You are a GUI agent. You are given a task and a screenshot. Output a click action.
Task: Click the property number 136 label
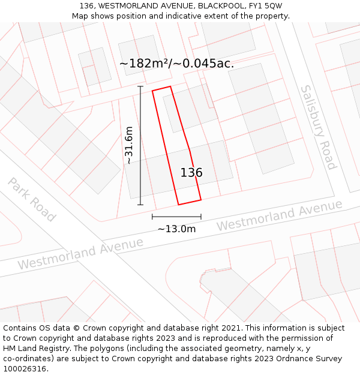pyautogui.click(x=191, y=173)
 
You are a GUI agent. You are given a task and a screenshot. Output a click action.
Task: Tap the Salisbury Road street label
pyautogui.click(x=318, y=127)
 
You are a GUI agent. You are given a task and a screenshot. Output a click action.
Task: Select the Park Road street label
pyautogui.click(x=32, y=200)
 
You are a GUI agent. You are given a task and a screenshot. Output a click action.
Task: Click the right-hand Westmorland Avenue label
pyautogui.click(x=280, y=215)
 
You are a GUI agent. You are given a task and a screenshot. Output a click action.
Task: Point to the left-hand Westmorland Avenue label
pyautogui.click(x=80, y=253)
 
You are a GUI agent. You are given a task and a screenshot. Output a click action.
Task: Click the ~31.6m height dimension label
pyautogui.click(x=128, y=145)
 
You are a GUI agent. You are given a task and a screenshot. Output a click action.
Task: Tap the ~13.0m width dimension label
pyautogui.click(x=176, y=229)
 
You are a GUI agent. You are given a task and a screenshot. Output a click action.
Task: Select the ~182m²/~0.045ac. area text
pyautogui.click(x=176, y=63)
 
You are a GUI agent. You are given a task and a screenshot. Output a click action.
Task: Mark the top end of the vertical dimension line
pyautogui.click(x=140, y=86)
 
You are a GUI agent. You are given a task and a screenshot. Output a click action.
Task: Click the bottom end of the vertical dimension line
pyautogui.click(x=140, y=205)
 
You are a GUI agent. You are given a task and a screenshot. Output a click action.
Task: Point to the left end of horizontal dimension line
pyautogui.click(x=152, y=217)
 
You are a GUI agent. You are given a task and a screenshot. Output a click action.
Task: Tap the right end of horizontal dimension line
pyautogui.click(x=201, y=217)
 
